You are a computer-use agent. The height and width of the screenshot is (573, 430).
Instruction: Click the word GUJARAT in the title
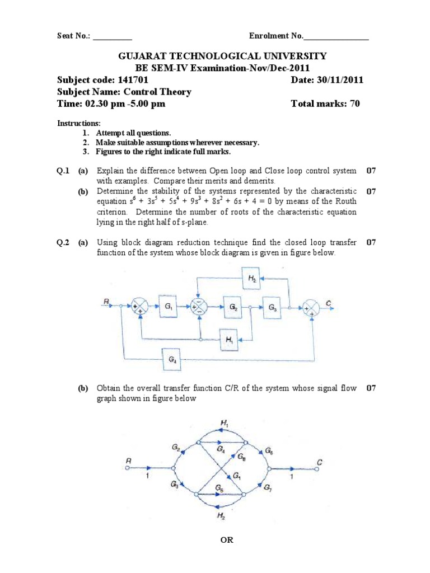(x=141, y=56)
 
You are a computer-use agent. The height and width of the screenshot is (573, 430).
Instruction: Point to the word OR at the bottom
(x=227, y=540)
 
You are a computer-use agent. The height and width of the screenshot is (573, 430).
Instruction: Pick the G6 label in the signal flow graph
(x=269, y=450)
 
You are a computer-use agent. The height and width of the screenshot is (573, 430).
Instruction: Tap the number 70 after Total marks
(x=354, y=104)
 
